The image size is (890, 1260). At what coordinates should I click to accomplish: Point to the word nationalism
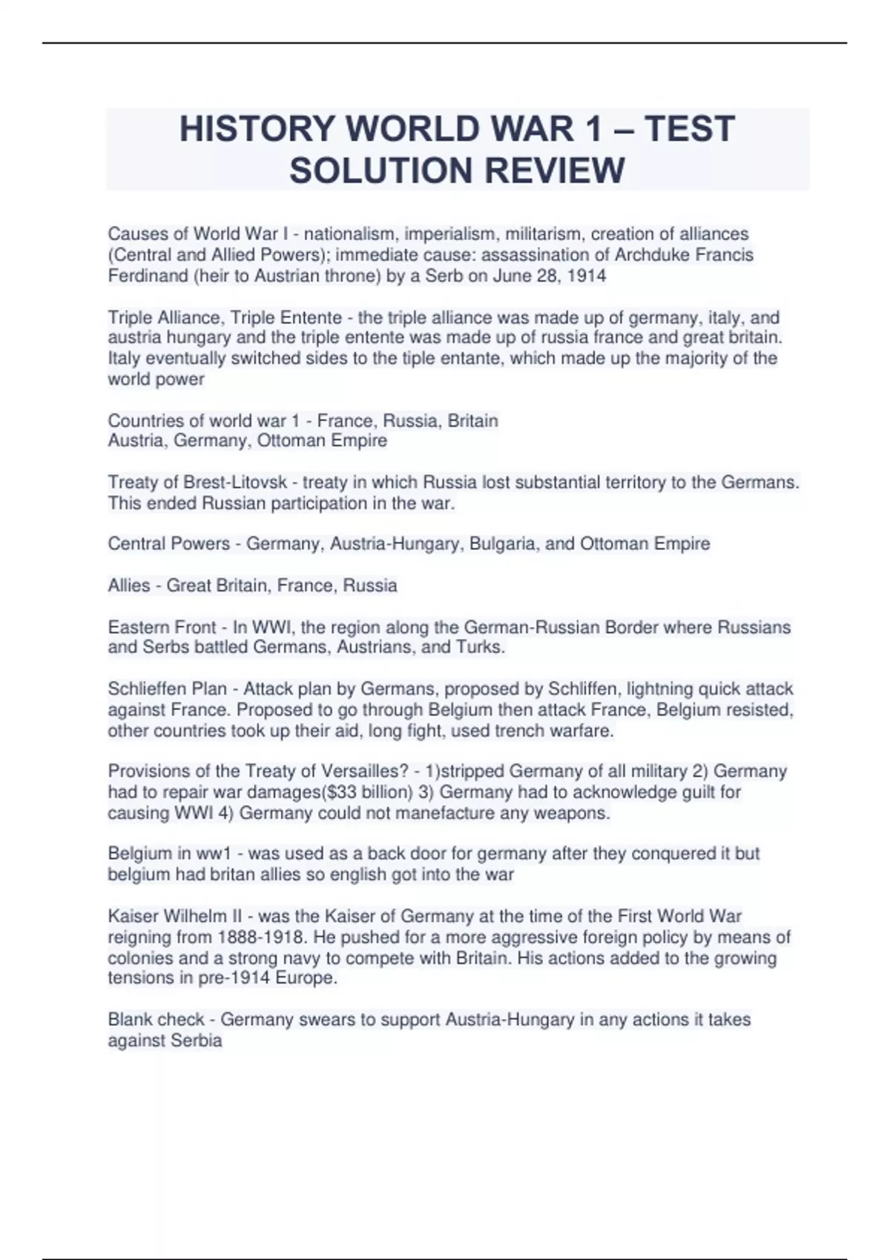coord(349,234)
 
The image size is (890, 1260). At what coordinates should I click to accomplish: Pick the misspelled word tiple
coord(419,359)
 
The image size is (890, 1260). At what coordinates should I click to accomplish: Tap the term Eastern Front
coord(162,628)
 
